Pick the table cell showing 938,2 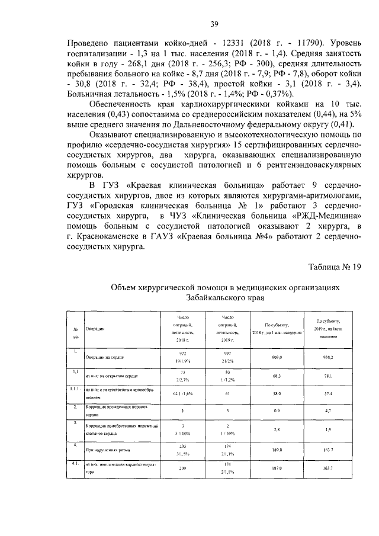[327, 358]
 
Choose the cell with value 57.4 [327, 393]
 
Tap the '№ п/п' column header [76, 332]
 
